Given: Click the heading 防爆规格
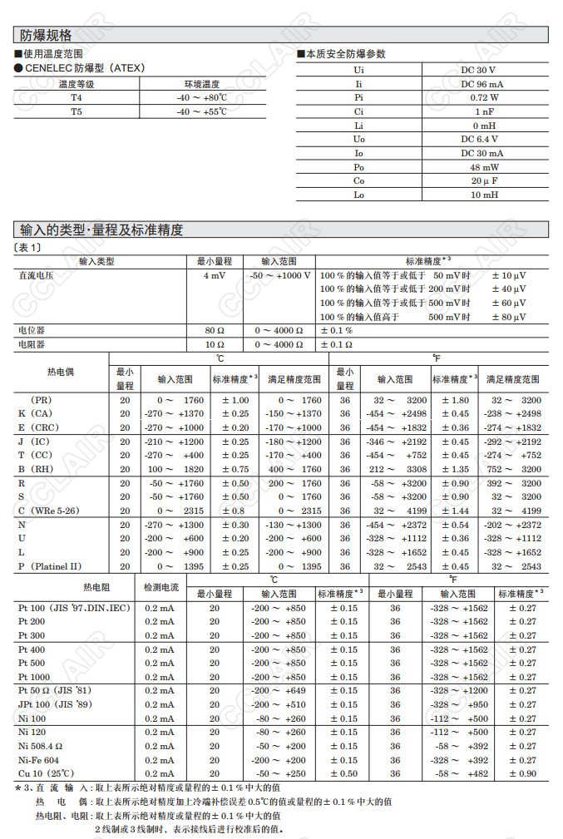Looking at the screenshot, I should coord(47,35).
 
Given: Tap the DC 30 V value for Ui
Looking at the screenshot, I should coord(478,70).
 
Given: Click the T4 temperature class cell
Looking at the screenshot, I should coord(77,97).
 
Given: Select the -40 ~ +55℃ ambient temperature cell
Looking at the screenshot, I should coord(201,111).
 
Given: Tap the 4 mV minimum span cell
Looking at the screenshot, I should coord(214,275).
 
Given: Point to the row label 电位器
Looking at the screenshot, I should coord(32,330).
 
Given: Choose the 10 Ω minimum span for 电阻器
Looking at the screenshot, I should coord(215,344).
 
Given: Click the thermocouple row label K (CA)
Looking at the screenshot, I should coord(35,413).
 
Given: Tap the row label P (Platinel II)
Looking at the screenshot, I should coord(50,566).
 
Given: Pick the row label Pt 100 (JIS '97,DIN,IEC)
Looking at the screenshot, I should coord(74,608).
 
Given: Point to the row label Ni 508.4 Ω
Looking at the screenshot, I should coord(41,746).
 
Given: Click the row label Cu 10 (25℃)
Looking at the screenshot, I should coord(47,773).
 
